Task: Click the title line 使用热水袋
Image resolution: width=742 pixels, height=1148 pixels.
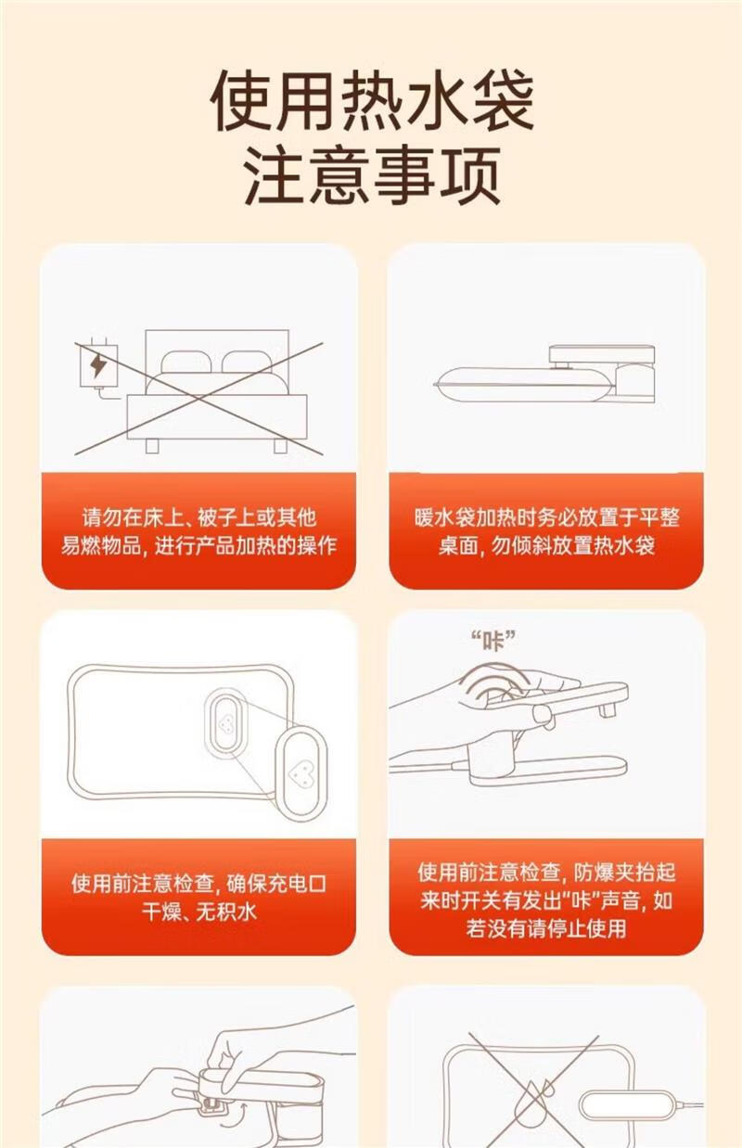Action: point(372,100)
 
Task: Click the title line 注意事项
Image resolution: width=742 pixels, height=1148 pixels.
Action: point(372,175)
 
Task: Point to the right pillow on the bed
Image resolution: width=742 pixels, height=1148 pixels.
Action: point(247,362)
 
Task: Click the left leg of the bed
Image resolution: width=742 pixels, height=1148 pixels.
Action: point(152,446)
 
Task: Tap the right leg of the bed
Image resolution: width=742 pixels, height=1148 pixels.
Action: point(280,446)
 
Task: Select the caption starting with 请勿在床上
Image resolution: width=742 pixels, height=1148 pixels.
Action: point(198,531)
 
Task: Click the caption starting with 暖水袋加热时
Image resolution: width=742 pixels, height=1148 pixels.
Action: point(546,531)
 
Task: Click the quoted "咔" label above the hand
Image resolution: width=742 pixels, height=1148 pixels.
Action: point(493,641)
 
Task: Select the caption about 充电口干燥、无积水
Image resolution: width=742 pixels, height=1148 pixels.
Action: point(198,898)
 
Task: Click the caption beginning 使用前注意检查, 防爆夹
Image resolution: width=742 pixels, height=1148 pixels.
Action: point(546,900)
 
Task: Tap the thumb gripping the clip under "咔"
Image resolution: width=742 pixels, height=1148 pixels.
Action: point(544,714)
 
